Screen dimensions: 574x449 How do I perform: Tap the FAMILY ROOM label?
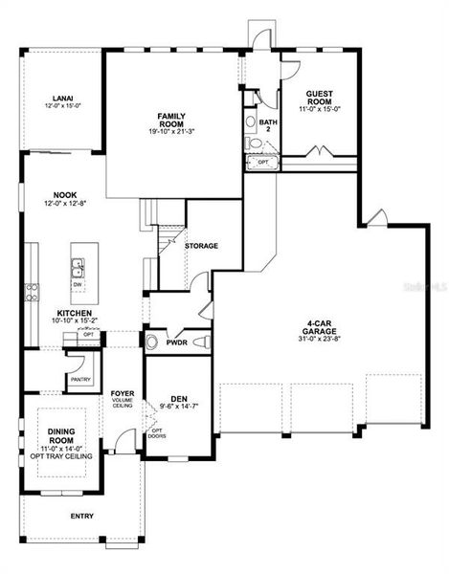[x=172, y=120]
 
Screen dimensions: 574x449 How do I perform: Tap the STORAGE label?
[x=201, y=246]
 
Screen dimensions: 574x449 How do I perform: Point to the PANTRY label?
[x=80, y=379]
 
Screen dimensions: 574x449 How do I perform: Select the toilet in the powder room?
[x=153, y=342]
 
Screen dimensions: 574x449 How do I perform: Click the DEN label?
[x=178, y=399]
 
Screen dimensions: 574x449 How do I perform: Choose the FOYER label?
[x=122, y=392]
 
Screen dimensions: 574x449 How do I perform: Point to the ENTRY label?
[x=82, y=516]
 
